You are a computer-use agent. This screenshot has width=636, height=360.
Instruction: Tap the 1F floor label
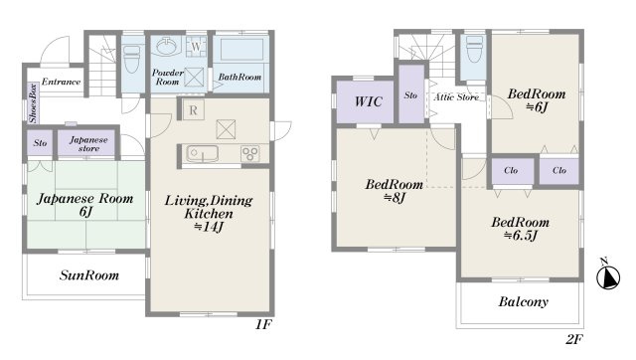click(x=263, y=324)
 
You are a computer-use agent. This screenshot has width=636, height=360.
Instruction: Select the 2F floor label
click(x=574, y=339)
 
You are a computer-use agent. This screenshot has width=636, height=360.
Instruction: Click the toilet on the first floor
click(x=131, y=59)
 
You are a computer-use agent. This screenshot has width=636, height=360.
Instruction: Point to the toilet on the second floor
click(x=475, y=49)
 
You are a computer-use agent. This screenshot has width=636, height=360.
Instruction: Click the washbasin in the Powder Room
click(x=166, y=47)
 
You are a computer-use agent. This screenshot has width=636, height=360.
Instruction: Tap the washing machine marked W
click(x=197, y=47)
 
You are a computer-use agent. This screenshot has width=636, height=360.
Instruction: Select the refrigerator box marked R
click(x=193, y=109)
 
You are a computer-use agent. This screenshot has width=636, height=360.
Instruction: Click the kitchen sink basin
click(x=202, y=154)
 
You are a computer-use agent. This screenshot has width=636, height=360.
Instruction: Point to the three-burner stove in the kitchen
click(x=249, y=154)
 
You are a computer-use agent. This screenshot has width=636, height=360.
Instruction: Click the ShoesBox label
click(x=33, y=103)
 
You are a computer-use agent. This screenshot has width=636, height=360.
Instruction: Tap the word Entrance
click(x=61, y=82)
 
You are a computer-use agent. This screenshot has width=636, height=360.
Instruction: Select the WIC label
click(x=369, y=101)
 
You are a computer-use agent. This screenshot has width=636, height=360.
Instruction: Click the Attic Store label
click(x=456, y=97)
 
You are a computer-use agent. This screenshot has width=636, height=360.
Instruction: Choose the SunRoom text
click(x=89, y=275)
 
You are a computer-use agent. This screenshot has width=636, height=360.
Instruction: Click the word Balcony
click(x=524, y=302)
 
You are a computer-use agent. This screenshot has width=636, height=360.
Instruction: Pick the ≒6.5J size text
click(x=521, y=236)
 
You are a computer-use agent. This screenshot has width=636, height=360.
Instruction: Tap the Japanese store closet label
click(x=88, y=144)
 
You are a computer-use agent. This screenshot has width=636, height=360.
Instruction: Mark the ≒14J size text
click(x=208, y=227)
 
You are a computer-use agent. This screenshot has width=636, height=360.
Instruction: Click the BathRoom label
click(x=239, y=77)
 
